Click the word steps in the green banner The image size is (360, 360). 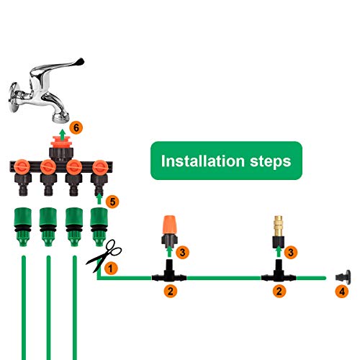click(266, 159)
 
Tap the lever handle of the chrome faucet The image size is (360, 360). click(43, 75)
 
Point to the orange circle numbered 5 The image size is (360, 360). click(112, 199)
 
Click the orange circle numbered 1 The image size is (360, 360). click(110, 267)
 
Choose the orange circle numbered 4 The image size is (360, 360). click(342, 292)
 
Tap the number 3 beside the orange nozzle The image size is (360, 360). click(184, 252)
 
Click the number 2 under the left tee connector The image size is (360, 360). click(171, 292)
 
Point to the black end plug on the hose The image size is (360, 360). click(341, 274)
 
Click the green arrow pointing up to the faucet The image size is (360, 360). click(62, 132)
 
